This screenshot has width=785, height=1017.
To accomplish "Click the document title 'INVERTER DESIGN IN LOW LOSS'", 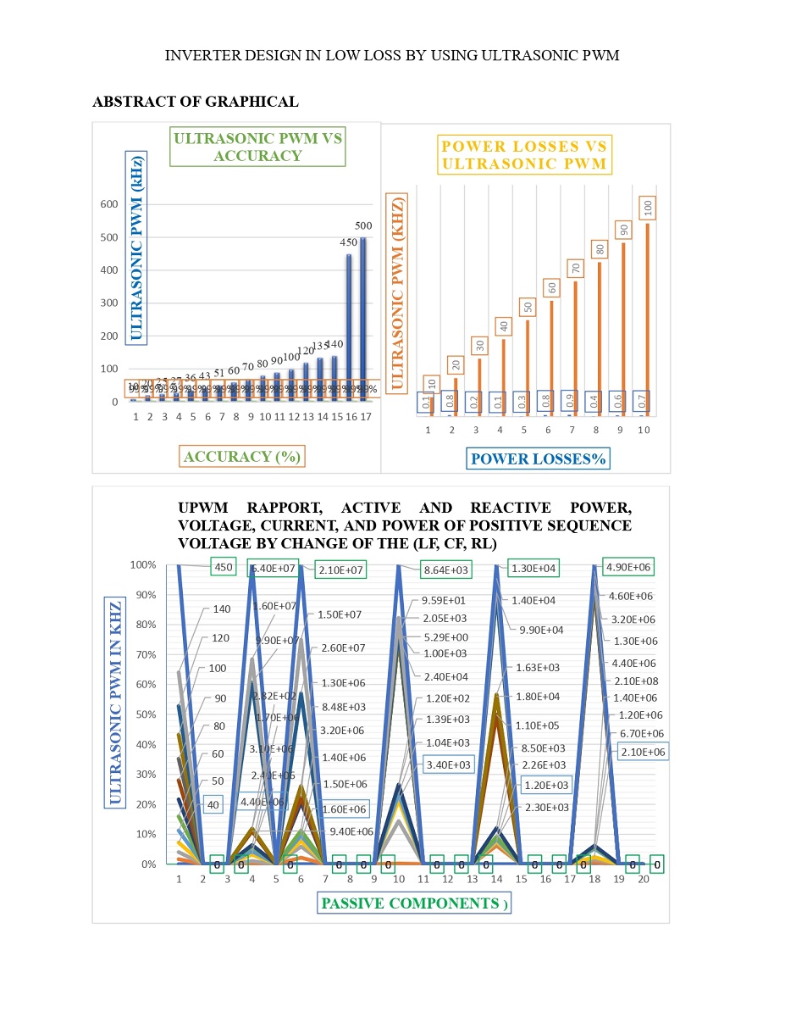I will pos(392,56).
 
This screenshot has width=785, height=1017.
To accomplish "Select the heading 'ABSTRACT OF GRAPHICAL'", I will pos(195,102).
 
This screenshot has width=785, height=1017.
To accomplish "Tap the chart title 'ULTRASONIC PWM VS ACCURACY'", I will pos(257,147).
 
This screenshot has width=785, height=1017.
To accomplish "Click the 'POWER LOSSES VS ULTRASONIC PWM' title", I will pos(526,154).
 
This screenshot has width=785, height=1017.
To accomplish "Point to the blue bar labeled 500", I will pos(363,322).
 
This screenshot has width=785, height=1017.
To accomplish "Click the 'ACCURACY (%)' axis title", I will pos(242,457).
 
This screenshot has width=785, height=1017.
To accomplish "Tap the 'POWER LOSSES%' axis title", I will pos(539,459).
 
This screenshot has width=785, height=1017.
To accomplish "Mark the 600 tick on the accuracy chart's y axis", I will pos(108,204).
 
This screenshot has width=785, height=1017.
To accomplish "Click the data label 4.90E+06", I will pos(627,567).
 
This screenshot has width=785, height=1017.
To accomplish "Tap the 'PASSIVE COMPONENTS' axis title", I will pos(415,903).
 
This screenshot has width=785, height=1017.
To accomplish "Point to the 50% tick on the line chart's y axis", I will pos(143,715).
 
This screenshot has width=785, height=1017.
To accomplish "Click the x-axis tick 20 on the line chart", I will pos(644,881).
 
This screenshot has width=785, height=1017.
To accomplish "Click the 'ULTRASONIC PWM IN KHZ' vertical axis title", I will pos(116,702).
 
